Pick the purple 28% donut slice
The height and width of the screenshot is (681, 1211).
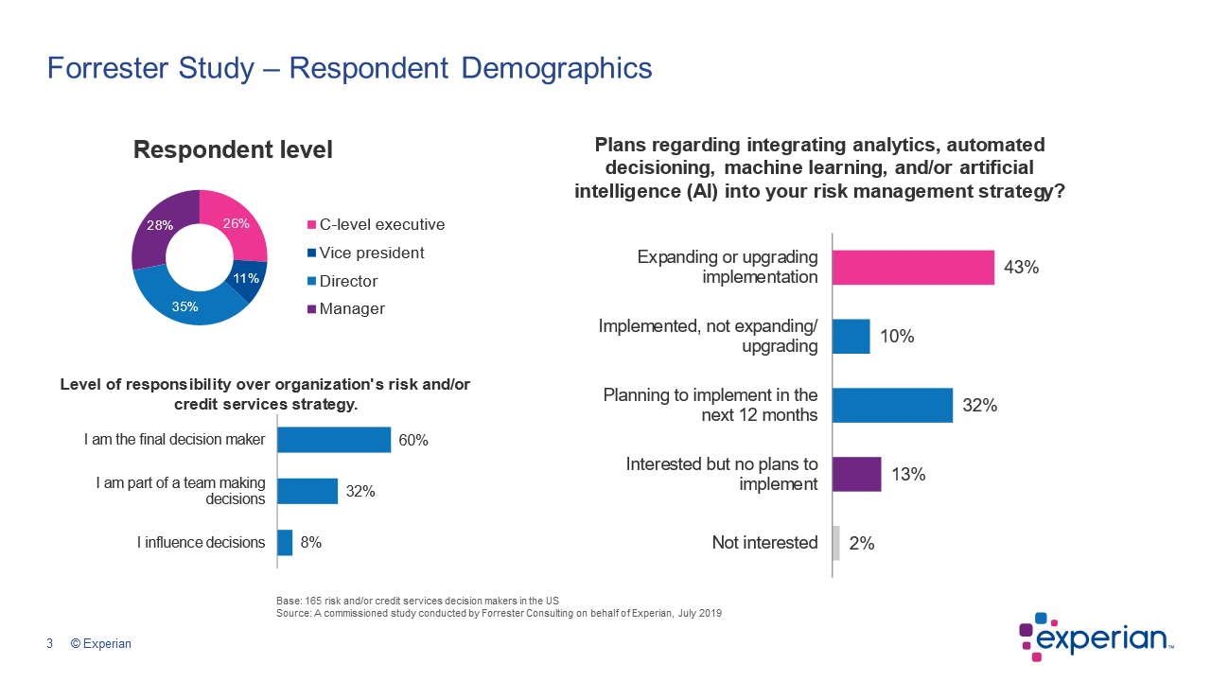(x=157, y=227)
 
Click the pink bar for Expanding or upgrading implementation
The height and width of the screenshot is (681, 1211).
(x=913, y=268)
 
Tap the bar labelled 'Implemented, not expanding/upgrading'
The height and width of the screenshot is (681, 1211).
(x=851, y=337)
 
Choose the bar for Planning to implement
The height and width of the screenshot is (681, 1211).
(x=892, y=405)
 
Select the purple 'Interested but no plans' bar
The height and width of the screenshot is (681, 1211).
(x=856, y=474)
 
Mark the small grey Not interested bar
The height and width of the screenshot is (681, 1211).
(x=835, y=543)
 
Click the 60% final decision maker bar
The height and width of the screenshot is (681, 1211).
(x=333, y=440)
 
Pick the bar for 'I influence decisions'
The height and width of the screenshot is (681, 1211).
(x=284, y=543)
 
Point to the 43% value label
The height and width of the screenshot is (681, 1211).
(x=1022, y=268)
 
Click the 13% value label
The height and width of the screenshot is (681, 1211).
(x=908, y=475)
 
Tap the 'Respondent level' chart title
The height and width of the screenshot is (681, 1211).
(x=233, y=150)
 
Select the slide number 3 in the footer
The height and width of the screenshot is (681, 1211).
(x=49, y=644)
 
